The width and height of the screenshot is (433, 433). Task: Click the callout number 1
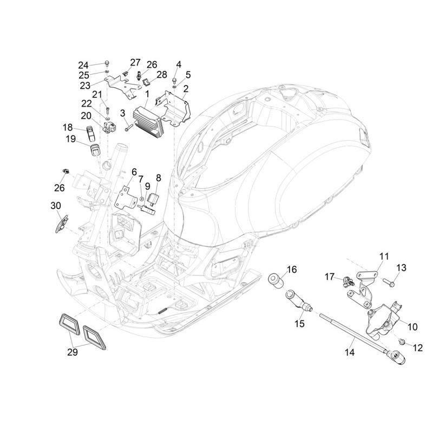pyautogui.click(x=147, y=93)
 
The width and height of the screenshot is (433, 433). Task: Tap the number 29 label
pyautogui.click(x=73, y=352)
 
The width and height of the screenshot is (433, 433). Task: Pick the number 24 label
pyautogui.click(x=83, y=65)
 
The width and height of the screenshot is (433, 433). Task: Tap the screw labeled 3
pyautogui.click(x=128, y=128)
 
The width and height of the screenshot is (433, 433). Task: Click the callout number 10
pyautogui.click(x=412, y=326)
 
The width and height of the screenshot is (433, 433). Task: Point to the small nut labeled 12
pyautogui.click(x=402, y=340)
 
